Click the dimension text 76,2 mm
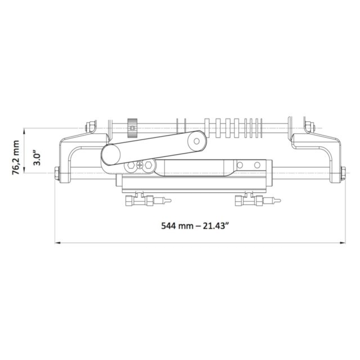[x=16, y=158]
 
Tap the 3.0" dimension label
[x=37, y=158]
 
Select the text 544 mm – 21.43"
[x=195, y=226]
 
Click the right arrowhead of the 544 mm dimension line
[x=343, y=243]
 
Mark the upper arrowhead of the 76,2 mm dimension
[x=24, y=131]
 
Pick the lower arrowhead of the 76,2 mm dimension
[x=24, y=170]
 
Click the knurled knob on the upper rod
[x=132, y=128]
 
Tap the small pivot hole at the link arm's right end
[x=197, y=141]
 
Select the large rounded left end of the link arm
[x=111, y=154]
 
